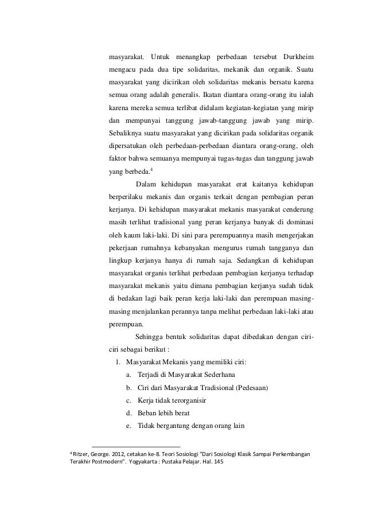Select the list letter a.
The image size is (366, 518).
coord(126,373)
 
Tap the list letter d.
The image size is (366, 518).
coord(126,412)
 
